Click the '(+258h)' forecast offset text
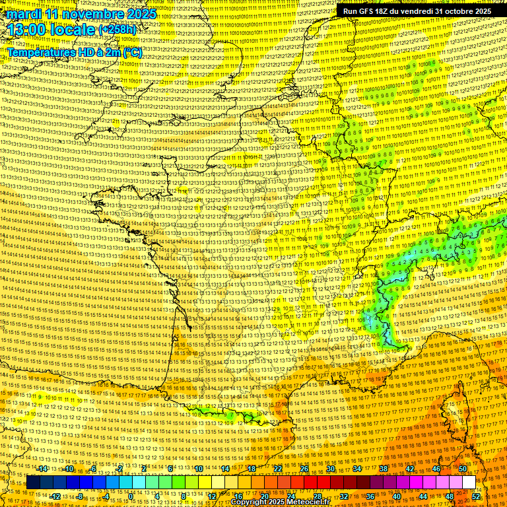click(x=119, y=30)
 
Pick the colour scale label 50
click(x=463, y=469)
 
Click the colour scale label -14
click(x=43, y=469)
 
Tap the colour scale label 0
click(x=131, y=496)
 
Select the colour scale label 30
click(x=331, y=469)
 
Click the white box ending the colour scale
click(x=469, y=483)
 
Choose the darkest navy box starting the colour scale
click(x=33, y=483)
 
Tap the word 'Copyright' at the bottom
click(x=250, y=502)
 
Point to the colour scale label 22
click(x=278, y=469)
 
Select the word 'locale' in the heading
click(x=74, y=30)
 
